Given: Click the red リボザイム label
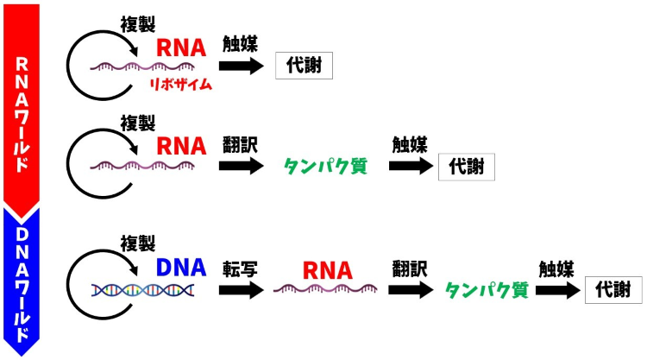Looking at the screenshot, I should (181, 85).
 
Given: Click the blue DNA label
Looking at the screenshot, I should (181, 268).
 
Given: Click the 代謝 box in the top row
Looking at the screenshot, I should (304, 66).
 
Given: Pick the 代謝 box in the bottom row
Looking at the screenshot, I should (613, 291).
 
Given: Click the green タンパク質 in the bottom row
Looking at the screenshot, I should (486, 290).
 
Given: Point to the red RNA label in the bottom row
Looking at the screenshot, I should (327, 270).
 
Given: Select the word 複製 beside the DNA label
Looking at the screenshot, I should (137, 243).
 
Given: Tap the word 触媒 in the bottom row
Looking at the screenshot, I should (556, 268).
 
